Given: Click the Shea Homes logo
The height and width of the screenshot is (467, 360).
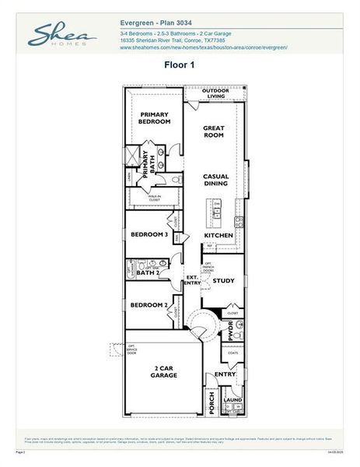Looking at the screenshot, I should [x=63, y=36].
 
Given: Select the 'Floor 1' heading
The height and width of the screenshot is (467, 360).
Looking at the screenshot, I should [x=179, y=65].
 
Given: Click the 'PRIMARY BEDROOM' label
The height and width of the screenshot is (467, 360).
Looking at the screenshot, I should [x=155, y=118].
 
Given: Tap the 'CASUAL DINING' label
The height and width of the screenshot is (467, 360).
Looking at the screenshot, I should [x=215, y=180].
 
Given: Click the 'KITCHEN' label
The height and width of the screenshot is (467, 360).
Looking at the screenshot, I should [x=218, y=235].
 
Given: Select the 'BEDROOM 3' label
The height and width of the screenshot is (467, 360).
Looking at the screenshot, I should [x=149, y=234].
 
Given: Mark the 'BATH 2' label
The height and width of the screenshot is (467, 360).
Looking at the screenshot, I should [x=148, y=273].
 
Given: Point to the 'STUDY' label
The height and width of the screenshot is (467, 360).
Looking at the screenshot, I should [x=224, y=280].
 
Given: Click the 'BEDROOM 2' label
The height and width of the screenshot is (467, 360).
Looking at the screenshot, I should [x=149, y=305].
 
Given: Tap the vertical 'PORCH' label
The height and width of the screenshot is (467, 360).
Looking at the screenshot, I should [x=211, y=402].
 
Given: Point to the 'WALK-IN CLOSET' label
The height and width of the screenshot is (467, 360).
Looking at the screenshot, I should [x=155, y=198].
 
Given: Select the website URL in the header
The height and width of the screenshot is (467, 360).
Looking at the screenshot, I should [x=204, y=47].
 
